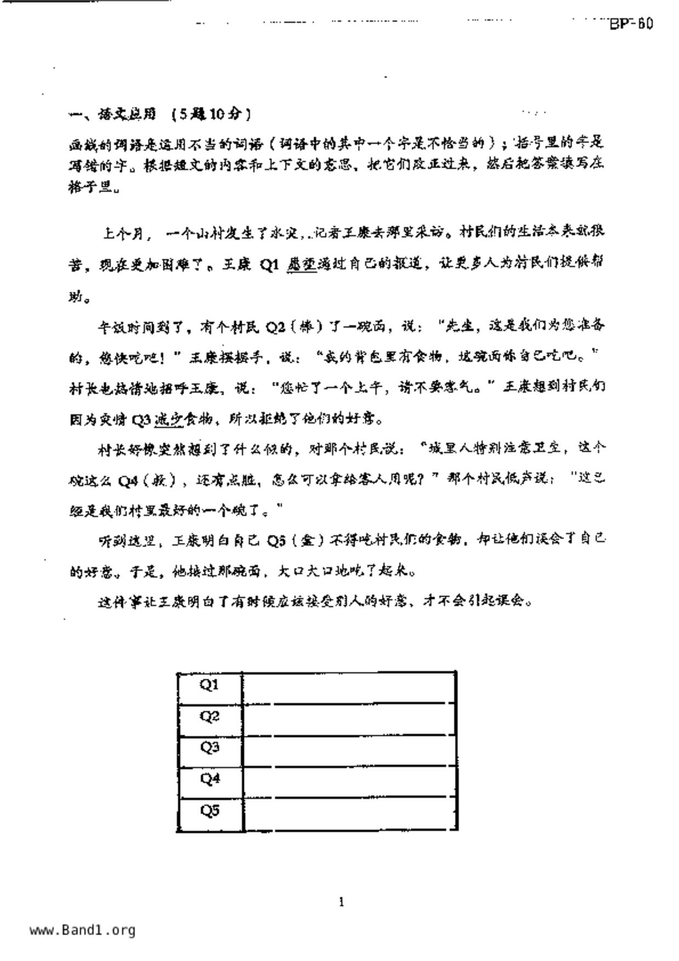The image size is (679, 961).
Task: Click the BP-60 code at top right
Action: click(631, 24)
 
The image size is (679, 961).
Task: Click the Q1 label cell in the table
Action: click(209, 685)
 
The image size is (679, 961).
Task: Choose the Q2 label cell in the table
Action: click(209, 717)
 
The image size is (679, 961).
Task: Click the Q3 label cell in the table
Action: click(209, 748)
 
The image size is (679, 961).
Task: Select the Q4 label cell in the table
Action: click(209, 779)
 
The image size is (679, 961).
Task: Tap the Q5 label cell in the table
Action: click(209, 811)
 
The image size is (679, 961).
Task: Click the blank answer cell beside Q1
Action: click(349, 686)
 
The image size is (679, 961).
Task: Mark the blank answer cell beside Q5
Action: click(349, 814)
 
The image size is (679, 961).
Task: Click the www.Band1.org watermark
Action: click(82, 930)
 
